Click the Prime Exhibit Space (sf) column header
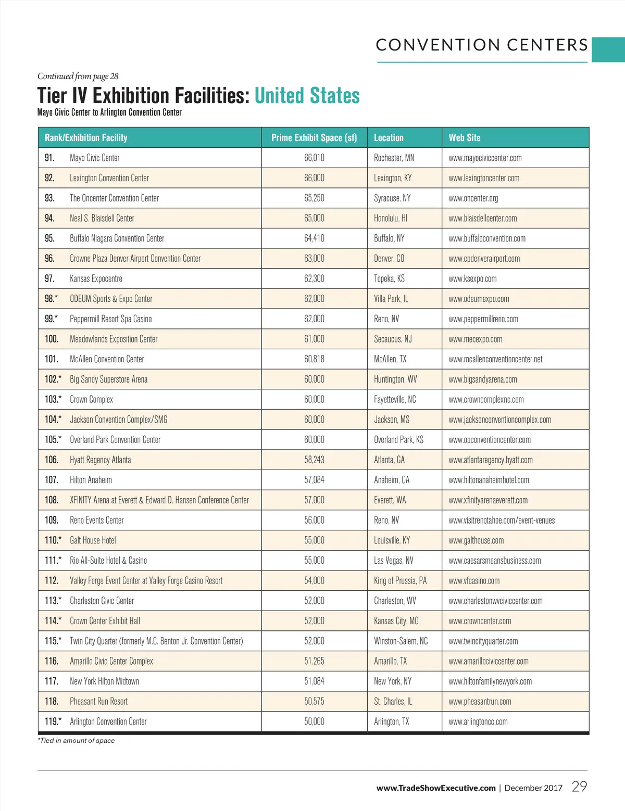[314, 138]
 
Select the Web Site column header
[465, 138]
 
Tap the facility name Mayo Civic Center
[95, 158]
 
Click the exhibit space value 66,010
[314, 158]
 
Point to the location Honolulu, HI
[391, 218]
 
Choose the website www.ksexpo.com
[472, 278]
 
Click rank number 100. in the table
[52, 339]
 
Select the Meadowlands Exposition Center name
[114, 339]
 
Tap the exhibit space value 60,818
[314, 359]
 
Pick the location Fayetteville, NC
[395, 399]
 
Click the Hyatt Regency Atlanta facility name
[101, 460]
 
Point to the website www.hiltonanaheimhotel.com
[489, 480]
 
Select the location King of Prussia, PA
[400, 580]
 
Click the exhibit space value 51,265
[314, 661]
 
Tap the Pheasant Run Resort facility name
[99, 701]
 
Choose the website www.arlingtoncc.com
[478, 721]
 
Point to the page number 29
[579, 787]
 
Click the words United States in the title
[307, 96]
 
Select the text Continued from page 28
[78, 76]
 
